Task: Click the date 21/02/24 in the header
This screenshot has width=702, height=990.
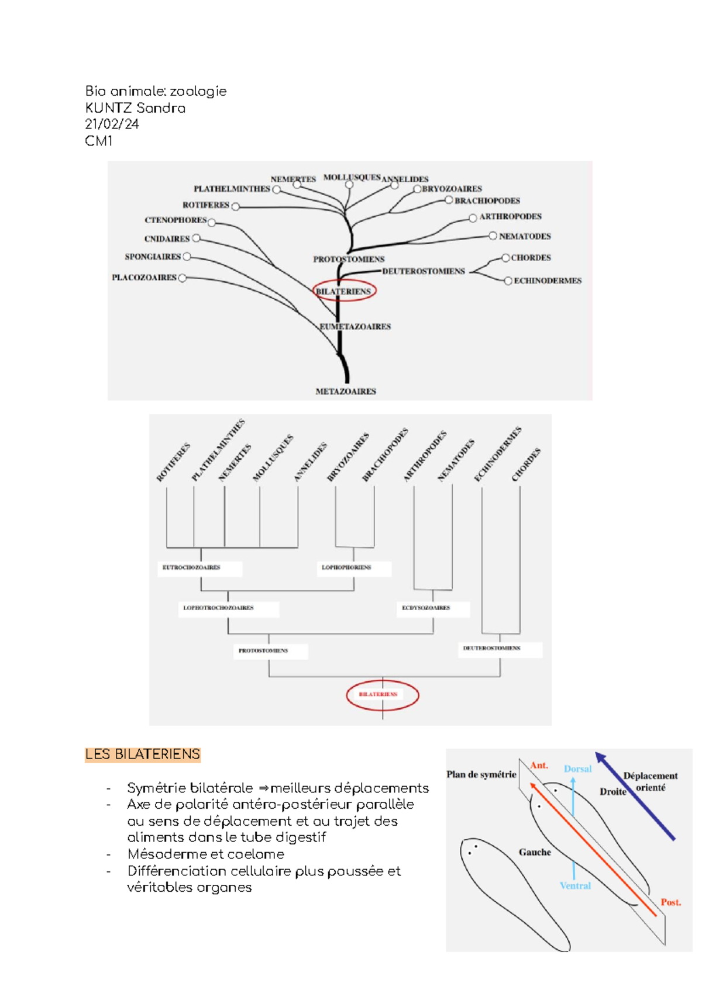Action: [112, 124]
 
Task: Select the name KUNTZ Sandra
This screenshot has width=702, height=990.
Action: [135, 108]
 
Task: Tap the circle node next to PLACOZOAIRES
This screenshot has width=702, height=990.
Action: [182, 278]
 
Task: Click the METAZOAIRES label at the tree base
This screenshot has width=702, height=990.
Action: [346, 392]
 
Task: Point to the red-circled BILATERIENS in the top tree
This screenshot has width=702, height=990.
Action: [343, 291]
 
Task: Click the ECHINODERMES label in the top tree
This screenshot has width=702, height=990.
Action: [547, 281]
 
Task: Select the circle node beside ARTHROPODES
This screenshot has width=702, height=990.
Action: [473, 218]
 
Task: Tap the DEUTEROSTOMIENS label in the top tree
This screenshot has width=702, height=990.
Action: [423, 271]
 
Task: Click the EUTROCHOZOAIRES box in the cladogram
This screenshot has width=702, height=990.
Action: [200, 567]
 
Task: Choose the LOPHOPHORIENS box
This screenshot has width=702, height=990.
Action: [353, 567]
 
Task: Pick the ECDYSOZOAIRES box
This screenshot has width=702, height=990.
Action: [432, 608]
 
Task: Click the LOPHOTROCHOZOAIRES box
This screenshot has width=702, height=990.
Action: [228, 608]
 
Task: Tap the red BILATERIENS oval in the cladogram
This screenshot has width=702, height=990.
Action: [382, 695]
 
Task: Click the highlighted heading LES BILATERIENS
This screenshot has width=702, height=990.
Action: [143, 754]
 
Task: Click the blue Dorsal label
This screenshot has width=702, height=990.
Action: [577, 769]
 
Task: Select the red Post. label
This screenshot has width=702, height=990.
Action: [670, 902]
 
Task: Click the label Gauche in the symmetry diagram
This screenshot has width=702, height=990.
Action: [535, 853]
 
